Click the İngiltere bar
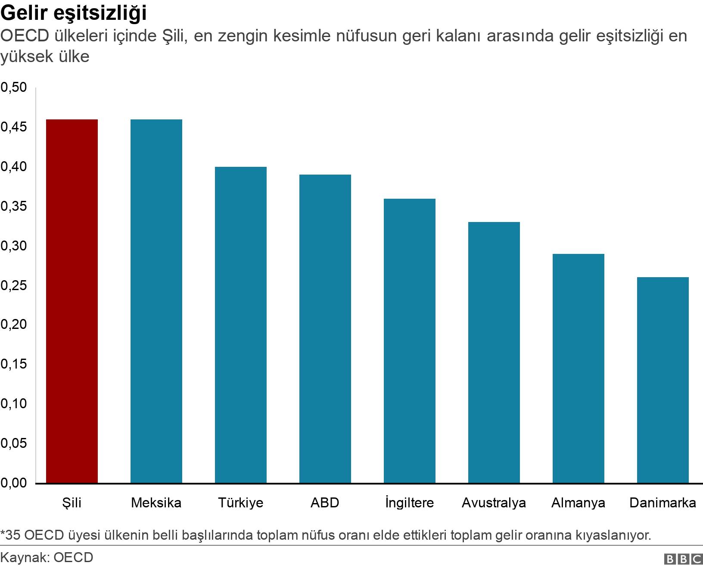coord(409,341)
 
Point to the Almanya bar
coord(578,368)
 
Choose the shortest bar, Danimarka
coord(663,380)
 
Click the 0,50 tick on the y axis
coord(13,88)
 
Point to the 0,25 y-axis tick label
coord(13,285)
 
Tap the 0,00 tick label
coord(13,483)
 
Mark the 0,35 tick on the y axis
coord(13,206)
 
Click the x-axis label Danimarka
coord(663,503)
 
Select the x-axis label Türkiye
coord(240,503)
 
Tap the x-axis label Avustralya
coord(494,503)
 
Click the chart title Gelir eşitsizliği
coord(74,13)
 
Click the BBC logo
coord(683,559)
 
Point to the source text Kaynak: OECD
coord(47,558)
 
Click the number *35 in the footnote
coord(10,535)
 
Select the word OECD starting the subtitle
coord(26,36)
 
